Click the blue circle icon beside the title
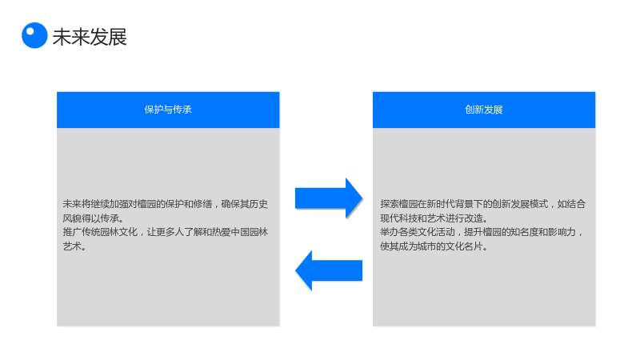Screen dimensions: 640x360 (x=34, y=35)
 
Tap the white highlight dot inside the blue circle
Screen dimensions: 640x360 (x=30, y=31)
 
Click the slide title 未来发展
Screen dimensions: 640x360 (x=90, y=37)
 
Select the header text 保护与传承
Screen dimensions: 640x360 (x=168, y=110)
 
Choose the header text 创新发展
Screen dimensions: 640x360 (x=484, y=110)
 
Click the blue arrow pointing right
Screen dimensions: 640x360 (x=329, y=198)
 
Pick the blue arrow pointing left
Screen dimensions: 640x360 (x=329, y=270)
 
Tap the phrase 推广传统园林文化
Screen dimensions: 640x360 (x=100, y=232)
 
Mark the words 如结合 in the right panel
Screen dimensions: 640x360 (x=571, y=204)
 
